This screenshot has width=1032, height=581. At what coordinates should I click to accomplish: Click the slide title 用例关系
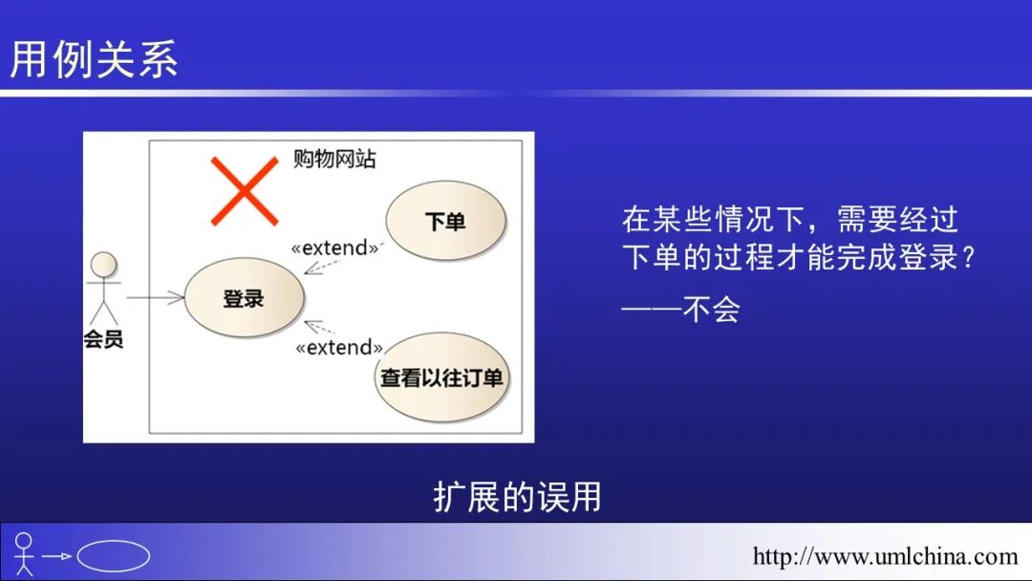(x=94, y=59)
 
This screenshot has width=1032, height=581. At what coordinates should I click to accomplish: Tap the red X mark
(x=245, y=191)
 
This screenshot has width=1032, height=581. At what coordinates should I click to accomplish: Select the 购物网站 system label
(x=334, y=160)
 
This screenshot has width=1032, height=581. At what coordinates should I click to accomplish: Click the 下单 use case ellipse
(x=445, y=222)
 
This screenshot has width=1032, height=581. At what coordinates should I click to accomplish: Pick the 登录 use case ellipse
(x=244, y=299)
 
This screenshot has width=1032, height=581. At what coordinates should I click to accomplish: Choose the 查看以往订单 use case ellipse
(x=441, y=377)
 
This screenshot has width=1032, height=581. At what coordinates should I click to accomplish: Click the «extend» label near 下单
(x=334, y=248)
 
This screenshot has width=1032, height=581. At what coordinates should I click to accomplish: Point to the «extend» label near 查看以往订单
(x=339, y=348)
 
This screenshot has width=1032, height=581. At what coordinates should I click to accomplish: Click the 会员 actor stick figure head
(x=103, y=265)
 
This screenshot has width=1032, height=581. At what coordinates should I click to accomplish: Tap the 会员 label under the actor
(x=103, y=339)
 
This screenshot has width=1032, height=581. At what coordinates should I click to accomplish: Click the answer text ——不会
(x=680, y=310)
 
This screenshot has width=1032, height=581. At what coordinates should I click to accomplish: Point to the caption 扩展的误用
(x=517, y=497)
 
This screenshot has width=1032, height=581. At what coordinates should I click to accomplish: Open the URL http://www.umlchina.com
(x=885, y=556)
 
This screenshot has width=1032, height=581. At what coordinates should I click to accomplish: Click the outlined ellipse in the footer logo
(x=113, y=556)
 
